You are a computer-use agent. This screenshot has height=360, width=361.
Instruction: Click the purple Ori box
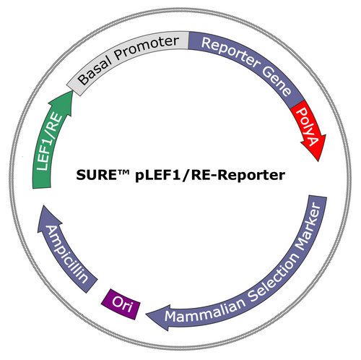121,304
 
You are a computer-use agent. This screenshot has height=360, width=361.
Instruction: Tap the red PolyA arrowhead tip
318,161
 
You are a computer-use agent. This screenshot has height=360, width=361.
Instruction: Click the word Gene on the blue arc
277,82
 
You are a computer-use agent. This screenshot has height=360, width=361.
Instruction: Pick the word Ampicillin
66,254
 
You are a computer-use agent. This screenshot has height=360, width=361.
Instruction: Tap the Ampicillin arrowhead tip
43,205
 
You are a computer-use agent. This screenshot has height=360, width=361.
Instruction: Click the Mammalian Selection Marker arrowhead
159,317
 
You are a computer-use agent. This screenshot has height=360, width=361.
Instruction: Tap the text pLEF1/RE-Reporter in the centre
210,176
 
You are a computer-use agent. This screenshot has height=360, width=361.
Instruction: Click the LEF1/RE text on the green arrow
48,142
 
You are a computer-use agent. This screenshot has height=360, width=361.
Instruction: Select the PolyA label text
309,127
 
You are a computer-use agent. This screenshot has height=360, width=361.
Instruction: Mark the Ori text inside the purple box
122,304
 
